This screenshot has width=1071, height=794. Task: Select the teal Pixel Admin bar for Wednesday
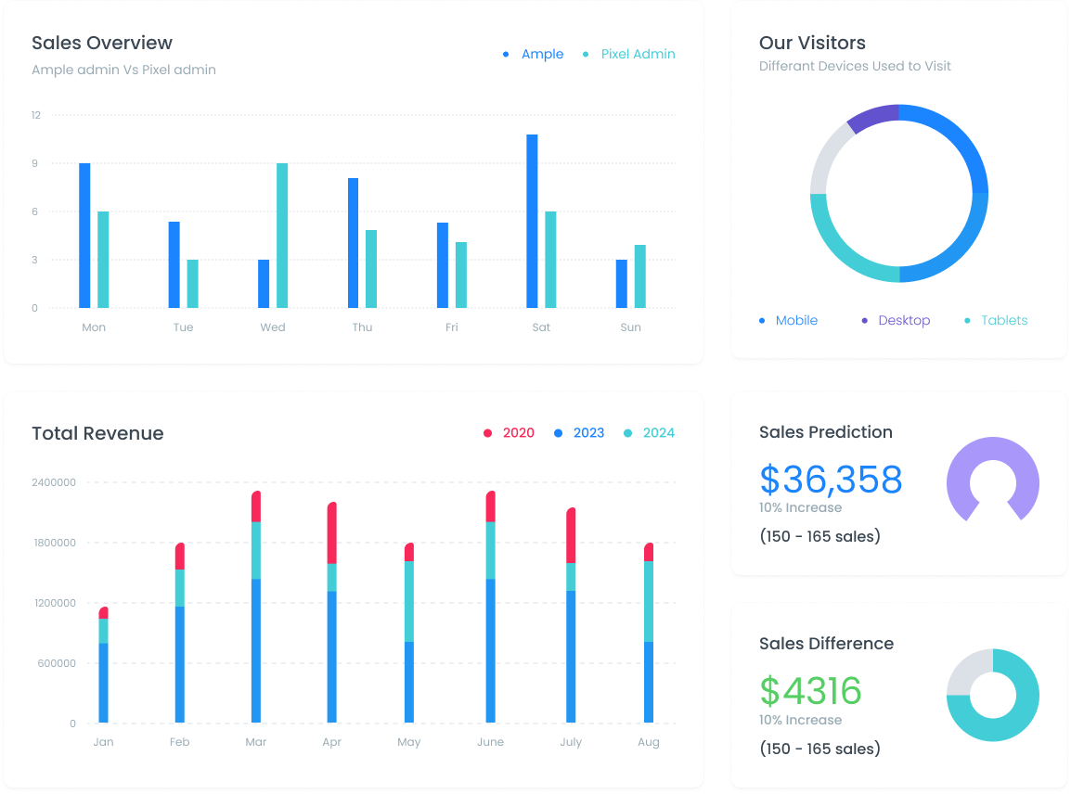282,236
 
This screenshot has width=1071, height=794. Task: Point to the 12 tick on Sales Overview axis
35,115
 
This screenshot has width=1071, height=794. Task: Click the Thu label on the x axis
362,327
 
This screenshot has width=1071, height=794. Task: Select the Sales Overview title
102,43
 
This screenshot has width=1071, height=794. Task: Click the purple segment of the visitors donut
871,118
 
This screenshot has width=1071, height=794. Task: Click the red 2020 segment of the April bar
332,533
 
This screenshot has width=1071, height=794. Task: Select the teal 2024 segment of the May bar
409,601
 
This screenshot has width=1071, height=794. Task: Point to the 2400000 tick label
54,482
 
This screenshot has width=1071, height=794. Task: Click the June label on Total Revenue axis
490,742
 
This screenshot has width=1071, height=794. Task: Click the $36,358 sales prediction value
831,480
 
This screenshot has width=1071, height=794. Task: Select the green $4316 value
810,691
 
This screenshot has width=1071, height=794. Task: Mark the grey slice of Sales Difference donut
967,672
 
